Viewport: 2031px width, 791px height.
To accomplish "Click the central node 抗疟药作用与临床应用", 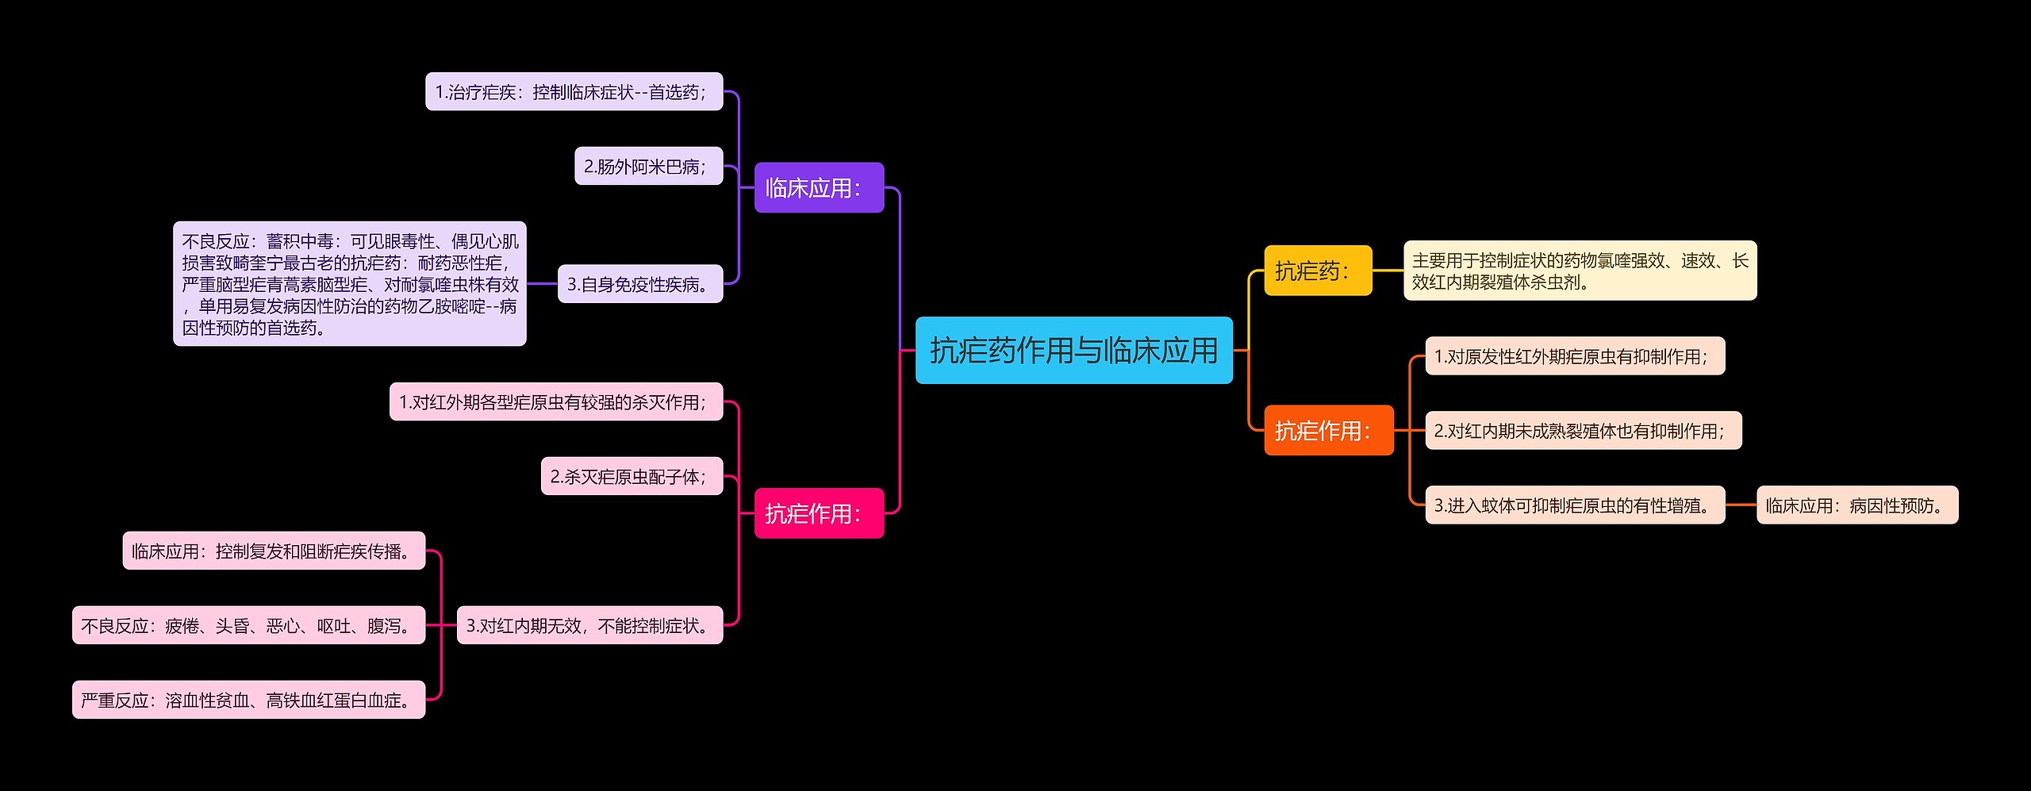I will point(1073,351).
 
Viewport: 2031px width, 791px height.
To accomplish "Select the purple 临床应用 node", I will point(819,188).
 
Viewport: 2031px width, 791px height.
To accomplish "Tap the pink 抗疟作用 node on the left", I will point(819,513).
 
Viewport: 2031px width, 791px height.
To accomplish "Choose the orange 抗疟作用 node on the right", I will point(1328,431).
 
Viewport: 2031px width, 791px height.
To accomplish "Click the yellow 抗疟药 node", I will point(1317,271).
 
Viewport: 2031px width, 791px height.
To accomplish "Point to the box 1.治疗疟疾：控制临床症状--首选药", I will point(574,92).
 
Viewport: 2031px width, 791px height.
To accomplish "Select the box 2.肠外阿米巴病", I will point(648,166).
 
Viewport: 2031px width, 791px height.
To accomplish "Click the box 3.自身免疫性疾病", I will point(640,284).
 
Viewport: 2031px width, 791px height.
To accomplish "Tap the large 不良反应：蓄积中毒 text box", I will point(349,284).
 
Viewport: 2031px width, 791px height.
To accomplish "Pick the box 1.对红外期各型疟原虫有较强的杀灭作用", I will point(555,402).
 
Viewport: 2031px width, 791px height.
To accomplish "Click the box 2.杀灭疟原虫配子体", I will point(632,476).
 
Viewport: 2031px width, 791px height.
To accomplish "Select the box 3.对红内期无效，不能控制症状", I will point(589,625).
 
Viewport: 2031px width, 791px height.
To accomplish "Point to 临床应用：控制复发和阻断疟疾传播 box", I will point(274,551).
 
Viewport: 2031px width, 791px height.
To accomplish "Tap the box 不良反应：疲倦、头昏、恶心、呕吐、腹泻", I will point(248,625).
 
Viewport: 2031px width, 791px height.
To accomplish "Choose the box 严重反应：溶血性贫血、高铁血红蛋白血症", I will point(248,700).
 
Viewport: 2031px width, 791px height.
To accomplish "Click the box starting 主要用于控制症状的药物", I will point(1580,271).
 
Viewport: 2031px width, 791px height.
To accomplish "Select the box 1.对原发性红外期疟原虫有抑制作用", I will point(1575,356).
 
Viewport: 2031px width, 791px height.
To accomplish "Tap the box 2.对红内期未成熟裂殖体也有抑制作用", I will point(1583,431).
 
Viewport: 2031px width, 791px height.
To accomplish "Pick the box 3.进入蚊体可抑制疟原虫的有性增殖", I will point(1575,505).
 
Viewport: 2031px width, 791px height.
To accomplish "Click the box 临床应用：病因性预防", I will point(1856,505).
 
